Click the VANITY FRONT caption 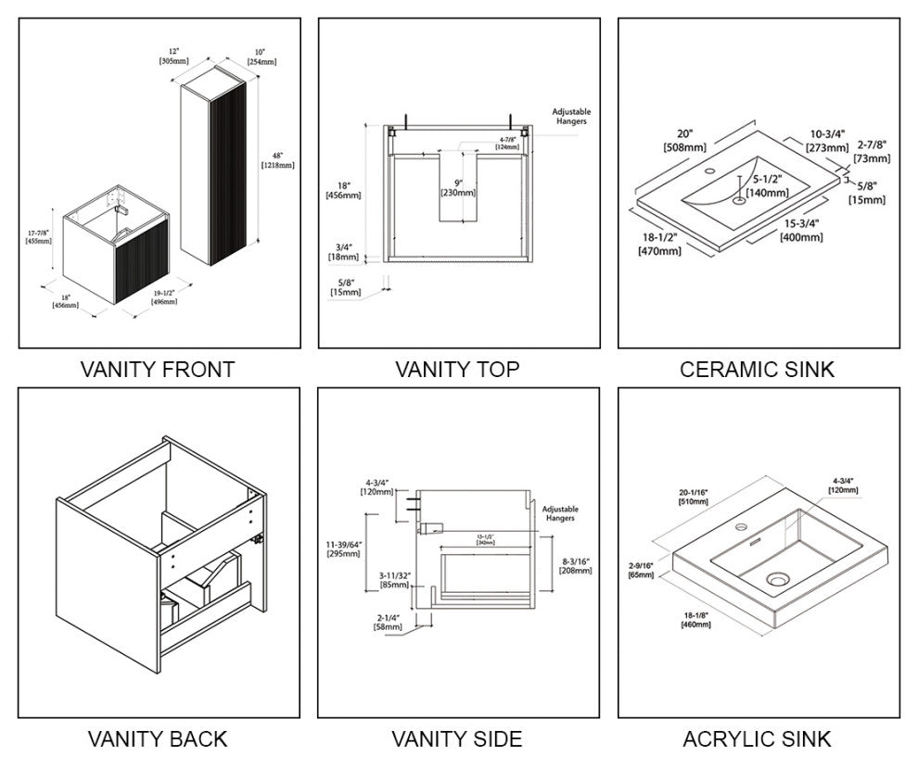click(158, 370)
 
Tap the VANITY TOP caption click(457, 370)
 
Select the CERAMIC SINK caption click(757, 370)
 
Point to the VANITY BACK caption click(158, 738)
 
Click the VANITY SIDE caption click(457, 738)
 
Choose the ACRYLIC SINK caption click(757, 738)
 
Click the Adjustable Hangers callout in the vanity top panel click(570, 116)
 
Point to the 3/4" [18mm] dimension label click(343, 252)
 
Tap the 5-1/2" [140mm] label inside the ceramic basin click(771, 186)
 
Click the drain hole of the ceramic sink click(739, 198)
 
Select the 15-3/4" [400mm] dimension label click(801, 231)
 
